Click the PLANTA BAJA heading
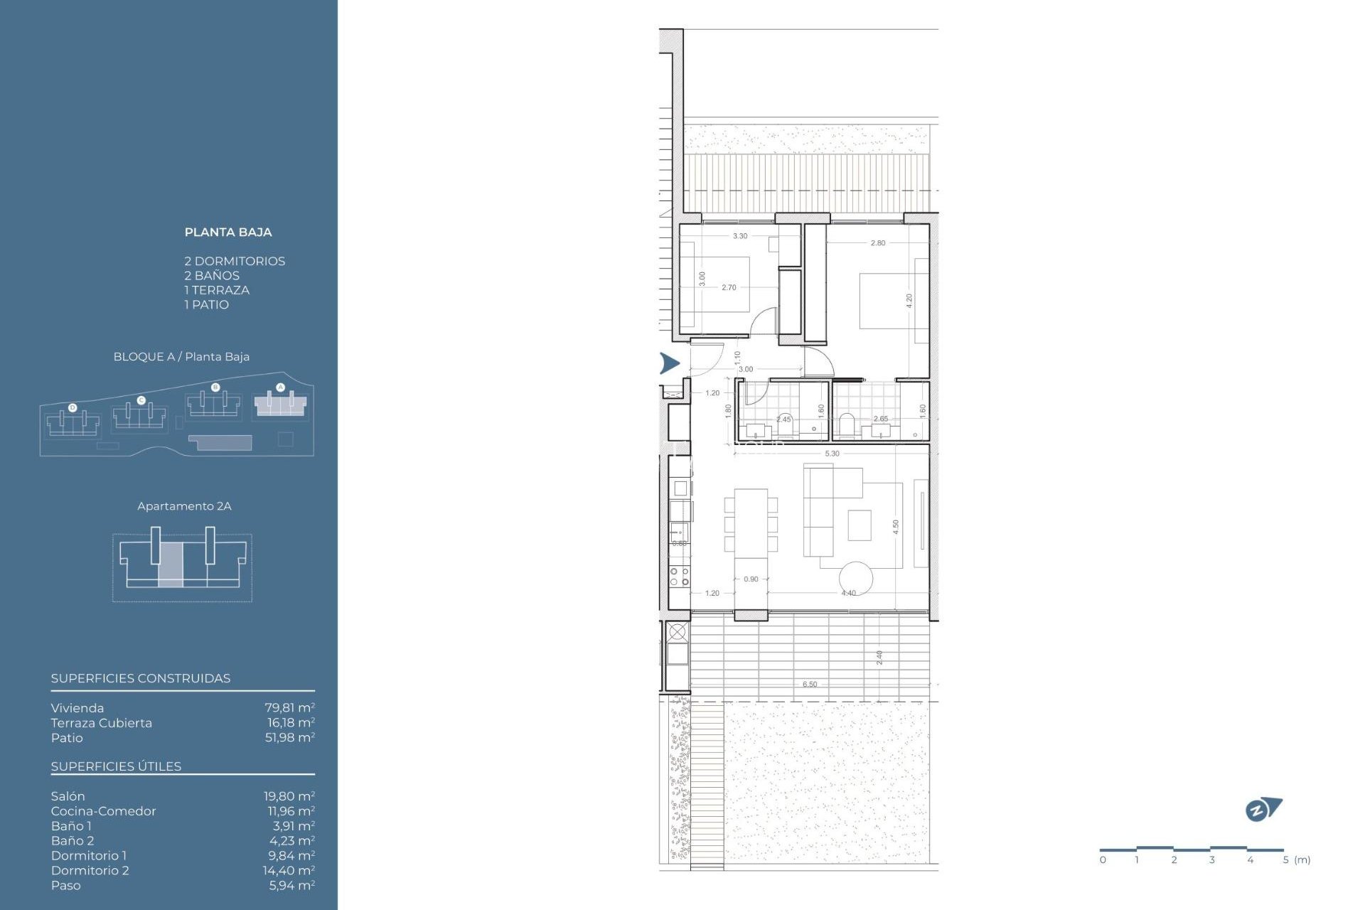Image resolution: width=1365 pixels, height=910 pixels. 227,232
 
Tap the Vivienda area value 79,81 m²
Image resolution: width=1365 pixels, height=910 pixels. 289,708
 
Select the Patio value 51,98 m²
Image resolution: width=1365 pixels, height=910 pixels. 289,738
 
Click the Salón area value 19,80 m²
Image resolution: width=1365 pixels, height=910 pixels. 289,796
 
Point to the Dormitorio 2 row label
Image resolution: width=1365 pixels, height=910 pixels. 90,871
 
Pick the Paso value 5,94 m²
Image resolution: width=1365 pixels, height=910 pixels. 291,886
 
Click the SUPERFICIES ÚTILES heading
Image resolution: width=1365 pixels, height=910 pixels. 116,766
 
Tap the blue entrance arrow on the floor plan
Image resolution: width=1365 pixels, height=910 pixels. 669,363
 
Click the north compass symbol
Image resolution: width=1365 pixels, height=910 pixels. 1263,810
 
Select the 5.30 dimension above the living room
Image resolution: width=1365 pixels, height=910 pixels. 832,454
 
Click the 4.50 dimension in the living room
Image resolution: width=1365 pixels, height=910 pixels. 896,527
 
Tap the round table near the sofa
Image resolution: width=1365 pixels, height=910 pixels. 855,578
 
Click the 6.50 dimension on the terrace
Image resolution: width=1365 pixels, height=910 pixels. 810,685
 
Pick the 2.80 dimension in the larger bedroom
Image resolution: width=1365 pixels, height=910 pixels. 878,243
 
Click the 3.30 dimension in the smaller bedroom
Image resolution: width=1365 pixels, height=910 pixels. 740,236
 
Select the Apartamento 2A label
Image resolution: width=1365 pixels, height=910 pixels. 184,506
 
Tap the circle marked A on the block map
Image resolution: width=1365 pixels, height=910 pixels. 280,387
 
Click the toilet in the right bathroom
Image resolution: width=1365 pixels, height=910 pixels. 847,424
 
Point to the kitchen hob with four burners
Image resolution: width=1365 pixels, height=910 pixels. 679,576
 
